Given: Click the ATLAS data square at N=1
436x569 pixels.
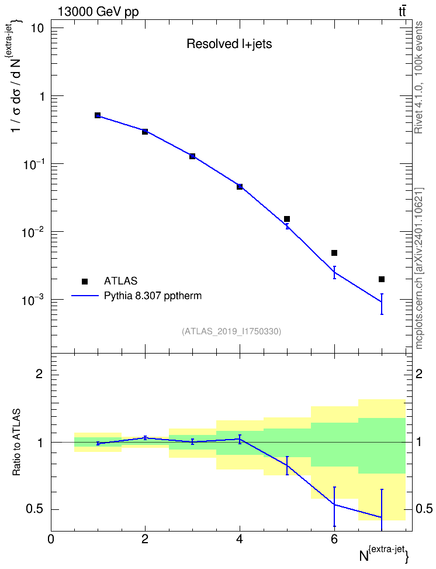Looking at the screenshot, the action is [x=98, y=115].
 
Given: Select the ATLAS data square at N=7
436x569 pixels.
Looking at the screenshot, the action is [x=382, y=279].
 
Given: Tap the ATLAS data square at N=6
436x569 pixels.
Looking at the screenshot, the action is [x=334, y=253].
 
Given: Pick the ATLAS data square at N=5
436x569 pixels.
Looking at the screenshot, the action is [x=287, y=219].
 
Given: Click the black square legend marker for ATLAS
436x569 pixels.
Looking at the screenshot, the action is [x=85, y=281].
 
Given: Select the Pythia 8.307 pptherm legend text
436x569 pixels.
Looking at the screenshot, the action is [x=153, y=296].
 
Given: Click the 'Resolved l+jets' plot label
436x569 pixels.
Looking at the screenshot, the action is [x=229, y=44].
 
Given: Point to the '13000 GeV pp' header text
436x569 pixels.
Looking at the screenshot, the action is [x=98, y=12].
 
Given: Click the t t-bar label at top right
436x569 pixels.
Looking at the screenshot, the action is [x=402, y=12].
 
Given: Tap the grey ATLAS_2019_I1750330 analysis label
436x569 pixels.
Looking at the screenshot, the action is [x=231, y=331].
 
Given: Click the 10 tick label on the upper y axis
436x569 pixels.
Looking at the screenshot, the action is [x=36, y=28].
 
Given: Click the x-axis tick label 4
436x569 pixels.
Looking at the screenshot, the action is [x=240, y=539].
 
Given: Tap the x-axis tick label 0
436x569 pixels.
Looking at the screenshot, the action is [x=51, y=539].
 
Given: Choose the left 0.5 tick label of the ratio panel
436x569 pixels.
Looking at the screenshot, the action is [x=34, y=509].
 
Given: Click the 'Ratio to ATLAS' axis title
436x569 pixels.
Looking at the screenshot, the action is [x=16, y=443].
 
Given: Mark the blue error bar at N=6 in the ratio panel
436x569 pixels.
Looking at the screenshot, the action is [x=334, y=506].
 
